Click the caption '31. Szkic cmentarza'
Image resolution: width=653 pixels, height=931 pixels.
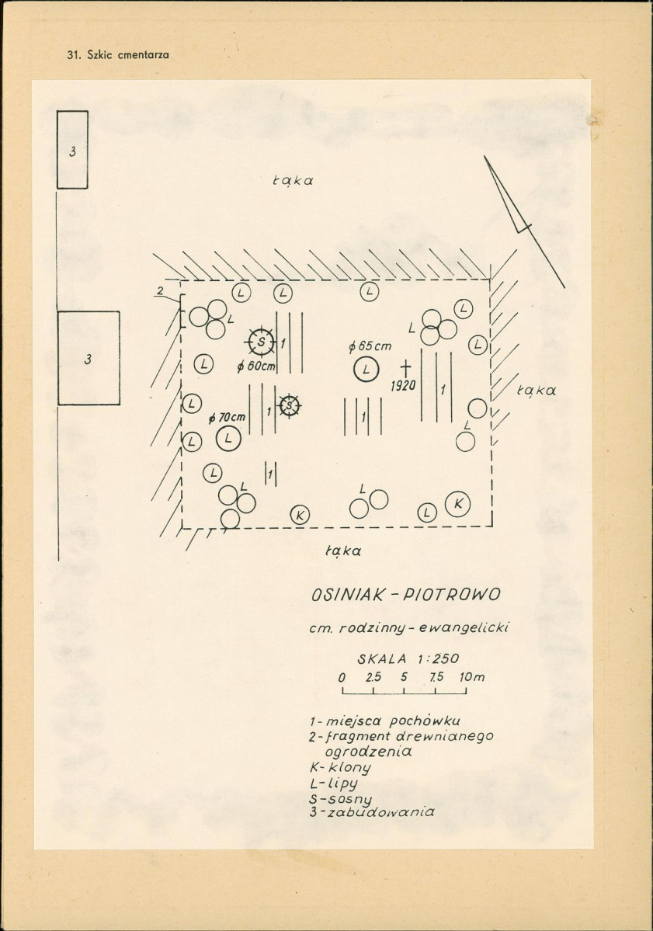[x=118, y=54]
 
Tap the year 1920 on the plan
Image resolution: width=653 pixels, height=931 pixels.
[x=403, y=386]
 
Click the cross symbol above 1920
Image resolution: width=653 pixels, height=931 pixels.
[x=405, y=367]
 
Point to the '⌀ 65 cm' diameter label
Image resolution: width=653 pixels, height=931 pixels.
[x=370, y=346]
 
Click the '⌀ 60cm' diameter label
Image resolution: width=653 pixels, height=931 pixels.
[x=256, y=367]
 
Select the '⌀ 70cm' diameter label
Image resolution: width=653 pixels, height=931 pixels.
[x=228, y=418]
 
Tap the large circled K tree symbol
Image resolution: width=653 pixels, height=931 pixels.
[x=457, y=504]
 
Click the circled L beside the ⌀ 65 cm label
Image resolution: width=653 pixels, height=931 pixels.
[x=366, y=370]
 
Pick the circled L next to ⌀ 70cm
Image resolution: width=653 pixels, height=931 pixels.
[x=228, y=439]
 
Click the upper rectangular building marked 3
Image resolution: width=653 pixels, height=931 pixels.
[x=72, y=150]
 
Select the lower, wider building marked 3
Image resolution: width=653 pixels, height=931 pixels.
[x=89, y=358]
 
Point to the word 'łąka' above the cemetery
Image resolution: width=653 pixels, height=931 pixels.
[x=293, y=180]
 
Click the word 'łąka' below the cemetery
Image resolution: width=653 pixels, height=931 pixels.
[x=343, y=551]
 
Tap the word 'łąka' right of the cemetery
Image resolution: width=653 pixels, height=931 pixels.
[x=537, y=390]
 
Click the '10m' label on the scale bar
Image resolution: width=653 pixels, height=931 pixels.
[x=472, y=677]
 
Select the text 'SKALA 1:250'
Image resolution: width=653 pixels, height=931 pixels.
[x=408, y=658]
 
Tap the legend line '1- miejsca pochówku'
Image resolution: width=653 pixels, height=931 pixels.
[x=384, y=721]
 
